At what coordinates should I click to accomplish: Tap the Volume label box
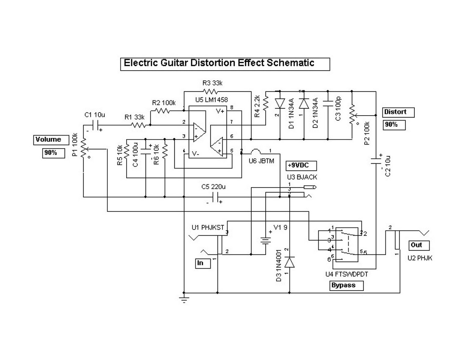(49, 140)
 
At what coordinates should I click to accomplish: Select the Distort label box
(398, 113)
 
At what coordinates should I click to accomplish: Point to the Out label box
(419, 245)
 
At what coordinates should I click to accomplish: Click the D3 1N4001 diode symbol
(290, 263)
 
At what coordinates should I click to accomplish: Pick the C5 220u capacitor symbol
(216, 197)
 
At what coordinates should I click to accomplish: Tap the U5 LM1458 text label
(211, 100)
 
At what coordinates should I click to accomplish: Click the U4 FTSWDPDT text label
(347, 274)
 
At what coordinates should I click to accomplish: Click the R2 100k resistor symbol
(162, 111)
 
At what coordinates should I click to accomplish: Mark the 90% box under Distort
(394, 125)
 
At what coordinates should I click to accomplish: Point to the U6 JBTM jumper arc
(257, 151)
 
